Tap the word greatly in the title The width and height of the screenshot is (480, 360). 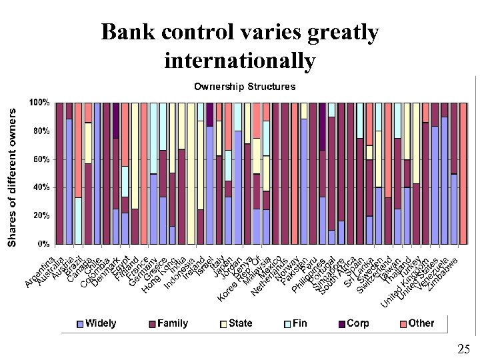click(x=343, y=33)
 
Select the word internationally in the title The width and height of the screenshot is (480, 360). click(x=239, y=61)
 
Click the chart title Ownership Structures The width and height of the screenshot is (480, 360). click(x=245, y=87)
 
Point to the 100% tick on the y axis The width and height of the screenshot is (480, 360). click(x=39, y=103)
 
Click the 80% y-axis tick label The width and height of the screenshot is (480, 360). click(x=41, y=131)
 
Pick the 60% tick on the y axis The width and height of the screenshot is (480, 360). click(x=41, y=159)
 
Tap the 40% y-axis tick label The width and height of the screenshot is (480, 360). click(x=41, y=187)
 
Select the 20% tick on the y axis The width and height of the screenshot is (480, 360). click(x=41, y=215)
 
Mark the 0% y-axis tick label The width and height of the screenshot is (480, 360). click(x=43, y=243)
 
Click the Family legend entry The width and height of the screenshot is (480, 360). click(x=168, y=323)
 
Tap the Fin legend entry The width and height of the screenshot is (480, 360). click(x=295, y=323)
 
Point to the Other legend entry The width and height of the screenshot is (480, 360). click(x=416, y=323)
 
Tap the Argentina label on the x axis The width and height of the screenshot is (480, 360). click(x=39, y=272)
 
